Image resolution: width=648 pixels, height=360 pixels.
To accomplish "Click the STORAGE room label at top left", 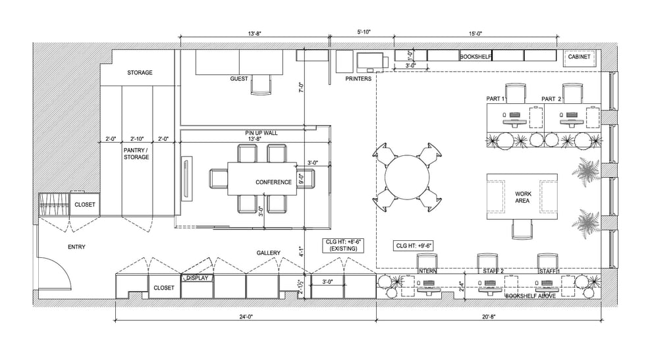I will click(x=140, y=72).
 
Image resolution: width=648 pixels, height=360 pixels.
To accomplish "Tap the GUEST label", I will click(x=239, y=79).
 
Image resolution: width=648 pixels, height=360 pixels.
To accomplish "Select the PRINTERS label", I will click(x=358, y=79).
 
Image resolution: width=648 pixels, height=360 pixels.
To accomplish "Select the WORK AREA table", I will click(x=522, y=197).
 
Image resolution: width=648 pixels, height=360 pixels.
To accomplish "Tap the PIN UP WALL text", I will click(x=261, y=133).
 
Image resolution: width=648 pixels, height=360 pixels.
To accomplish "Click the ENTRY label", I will click(x=76, y=247).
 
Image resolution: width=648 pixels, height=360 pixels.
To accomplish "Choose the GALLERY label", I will click(x=269, y=253).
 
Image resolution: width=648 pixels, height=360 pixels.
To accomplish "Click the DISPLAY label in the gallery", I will click(x=197, y=278).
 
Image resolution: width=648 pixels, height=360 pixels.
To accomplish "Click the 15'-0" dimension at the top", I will click(x=476, y=32).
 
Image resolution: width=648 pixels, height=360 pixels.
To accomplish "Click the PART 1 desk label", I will click(x=495, y=99).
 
